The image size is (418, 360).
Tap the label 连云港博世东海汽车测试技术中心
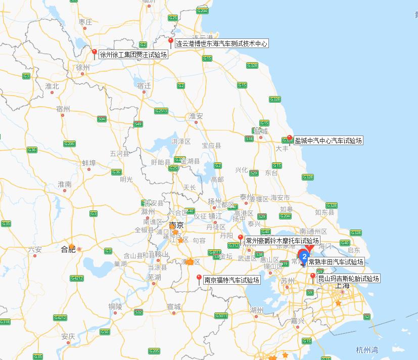(221, 44)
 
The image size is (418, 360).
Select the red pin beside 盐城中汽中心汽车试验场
(290, 139)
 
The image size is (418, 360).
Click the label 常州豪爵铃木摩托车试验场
(282, 241)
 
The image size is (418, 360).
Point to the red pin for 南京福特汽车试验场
(199, 278)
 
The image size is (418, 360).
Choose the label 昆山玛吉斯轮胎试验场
(348, 278)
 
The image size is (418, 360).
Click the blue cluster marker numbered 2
(304, 255)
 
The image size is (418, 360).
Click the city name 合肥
(68, 249)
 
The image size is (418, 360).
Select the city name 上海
(342, 286)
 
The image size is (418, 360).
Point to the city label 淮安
(196, 116)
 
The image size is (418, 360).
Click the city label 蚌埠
(89, 163)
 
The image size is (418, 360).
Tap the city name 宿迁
(144, 86)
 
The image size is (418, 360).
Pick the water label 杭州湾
(366, 350)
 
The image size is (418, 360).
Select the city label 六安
(35, 249)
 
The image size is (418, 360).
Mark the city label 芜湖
(154, 277)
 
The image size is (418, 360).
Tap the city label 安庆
(68, 336)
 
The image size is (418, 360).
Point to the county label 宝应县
(211, 145)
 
